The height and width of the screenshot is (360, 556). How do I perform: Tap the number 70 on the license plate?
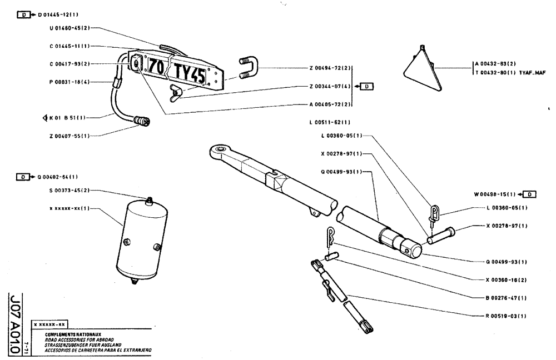[x=156, y=67]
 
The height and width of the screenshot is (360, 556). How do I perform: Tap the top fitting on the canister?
[x=148, y=199]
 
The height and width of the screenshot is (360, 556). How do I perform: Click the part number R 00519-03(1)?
[x=502, y=316]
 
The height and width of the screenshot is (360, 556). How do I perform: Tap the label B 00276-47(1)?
[x=502, y=298]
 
